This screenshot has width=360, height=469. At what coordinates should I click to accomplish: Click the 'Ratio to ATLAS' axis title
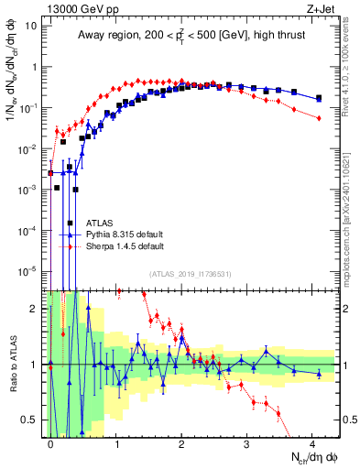click(x=12, y=365)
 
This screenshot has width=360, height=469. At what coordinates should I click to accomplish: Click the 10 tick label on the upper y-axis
click(x=30, y=26)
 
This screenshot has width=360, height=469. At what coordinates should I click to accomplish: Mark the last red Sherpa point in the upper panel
click(x=318, y=118)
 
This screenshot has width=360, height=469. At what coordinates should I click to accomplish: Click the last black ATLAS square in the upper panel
click(x=318, y=98)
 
